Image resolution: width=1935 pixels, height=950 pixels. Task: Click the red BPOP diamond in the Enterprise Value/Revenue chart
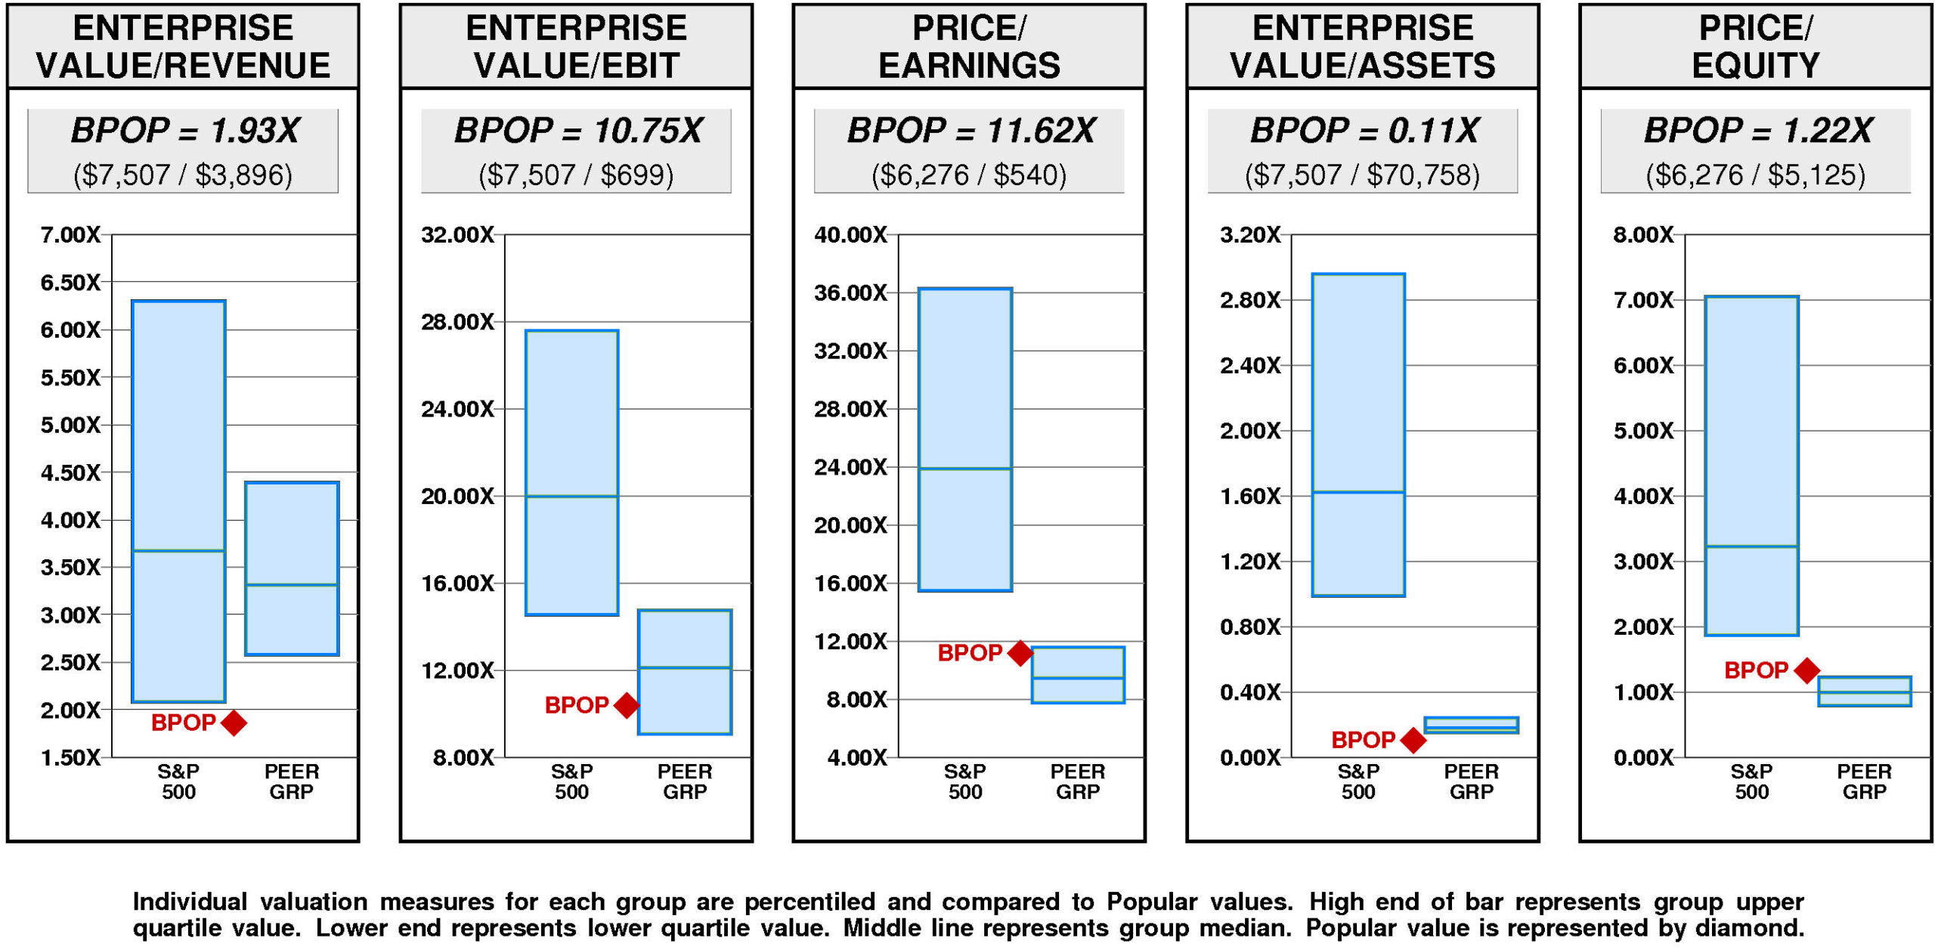tap(234, 723)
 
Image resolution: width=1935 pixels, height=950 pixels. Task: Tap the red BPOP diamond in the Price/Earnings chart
tap(1020, 653)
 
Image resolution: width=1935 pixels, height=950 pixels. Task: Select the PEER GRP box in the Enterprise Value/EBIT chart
tap(685, 672)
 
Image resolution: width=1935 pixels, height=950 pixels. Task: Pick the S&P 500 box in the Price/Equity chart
tap(1751, 466)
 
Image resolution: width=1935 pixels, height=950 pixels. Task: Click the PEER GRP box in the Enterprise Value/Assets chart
tap(1471, 725)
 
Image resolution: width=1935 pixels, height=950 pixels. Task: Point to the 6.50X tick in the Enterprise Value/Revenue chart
tap(70, 283)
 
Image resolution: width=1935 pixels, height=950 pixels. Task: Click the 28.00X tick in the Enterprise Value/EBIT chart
tap(457, 323)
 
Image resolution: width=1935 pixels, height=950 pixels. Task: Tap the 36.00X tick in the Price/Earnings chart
tap(850, 293)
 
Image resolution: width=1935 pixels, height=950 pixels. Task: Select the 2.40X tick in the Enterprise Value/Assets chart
tap(1250, 366)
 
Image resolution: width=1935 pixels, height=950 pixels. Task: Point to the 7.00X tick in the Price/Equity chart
tap(1643, 301)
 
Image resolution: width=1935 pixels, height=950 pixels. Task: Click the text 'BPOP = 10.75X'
tap(577, 131)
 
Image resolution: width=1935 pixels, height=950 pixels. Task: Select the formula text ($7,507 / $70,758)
tap(1362, 175)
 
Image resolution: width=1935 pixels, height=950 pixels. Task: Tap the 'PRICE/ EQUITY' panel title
tap(1755, 47)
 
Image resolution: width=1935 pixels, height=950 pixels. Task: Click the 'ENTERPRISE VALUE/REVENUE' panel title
tap(183, 47)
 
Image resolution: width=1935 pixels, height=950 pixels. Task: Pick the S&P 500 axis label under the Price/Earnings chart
tap(965, 781)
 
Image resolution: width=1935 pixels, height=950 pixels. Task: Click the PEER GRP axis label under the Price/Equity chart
tap(1864, 781)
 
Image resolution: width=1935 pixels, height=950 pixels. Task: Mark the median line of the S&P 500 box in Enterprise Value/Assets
tap(1358, 492)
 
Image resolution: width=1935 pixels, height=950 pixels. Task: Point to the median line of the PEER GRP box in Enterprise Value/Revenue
tap(292, 584)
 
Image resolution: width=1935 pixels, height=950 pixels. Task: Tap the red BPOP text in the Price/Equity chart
tap(1755, 670)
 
